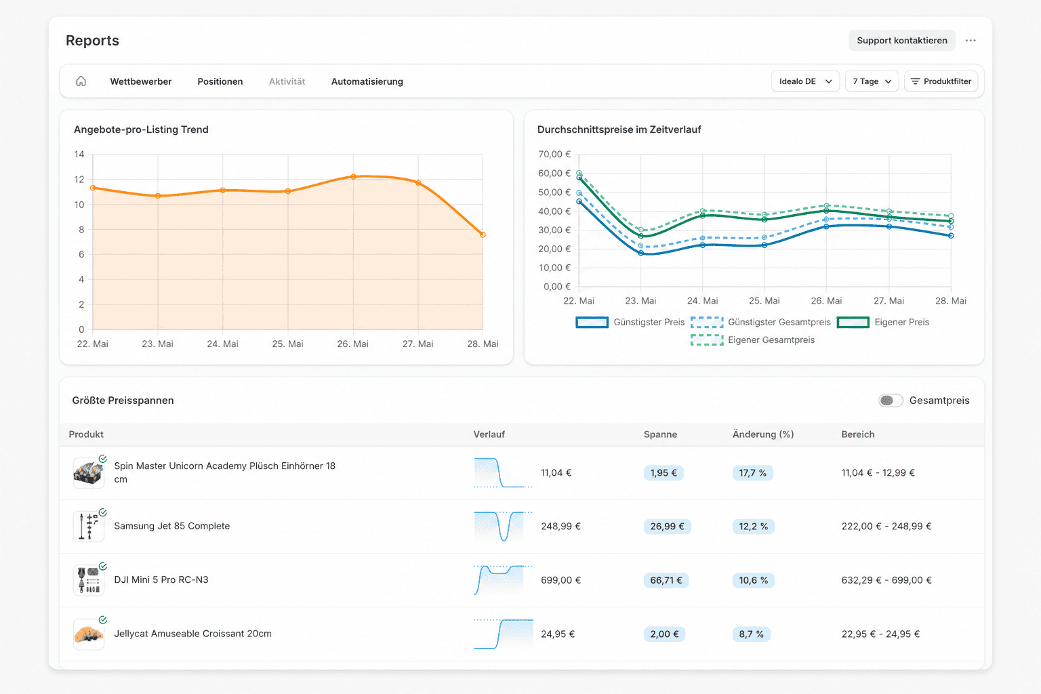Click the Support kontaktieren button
point(901,41)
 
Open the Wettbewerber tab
point(140,81)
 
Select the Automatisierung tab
point(367,81)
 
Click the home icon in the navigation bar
point(81,81)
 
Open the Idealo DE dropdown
point(805,81)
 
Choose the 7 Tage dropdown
point(872,81)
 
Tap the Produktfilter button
point(941,81)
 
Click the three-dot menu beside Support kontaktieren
point(971,41)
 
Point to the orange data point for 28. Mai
point(483,234)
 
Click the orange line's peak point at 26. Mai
point(353,177)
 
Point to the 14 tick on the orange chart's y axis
point(79,155)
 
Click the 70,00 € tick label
point(554,154)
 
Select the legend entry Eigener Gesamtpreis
point(752,340)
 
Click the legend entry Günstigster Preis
point(630,322)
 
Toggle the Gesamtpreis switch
point(891,401)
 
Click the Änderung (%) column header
point(763,434)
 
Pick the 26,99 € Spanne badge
point(667,526)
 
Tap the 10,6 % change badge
point(753,580)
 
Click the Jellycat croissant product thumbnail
point(89,634)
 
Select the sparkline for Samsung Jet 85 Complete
point(503,526)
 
